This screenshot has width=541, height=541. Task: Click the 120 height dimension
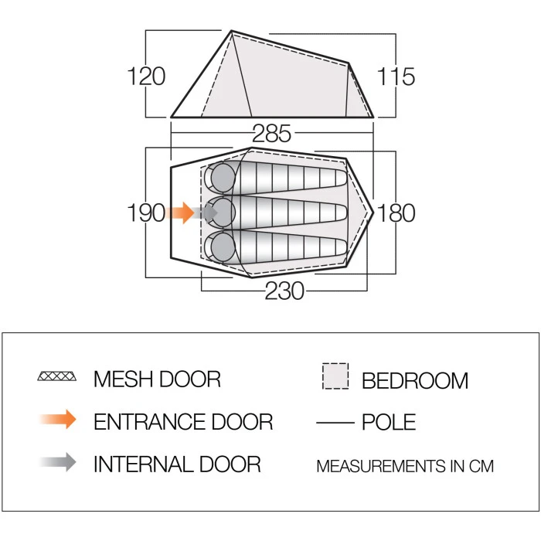147,77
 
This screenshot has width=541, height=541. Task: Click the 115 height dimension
396,77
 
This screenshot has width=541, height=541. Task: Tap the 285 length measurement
272,134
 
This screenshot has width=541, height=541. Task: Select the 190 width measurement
147,213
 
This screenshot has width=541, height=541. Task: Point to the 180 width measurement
396,213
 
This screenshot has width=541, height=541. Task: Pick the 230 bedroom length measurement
284,291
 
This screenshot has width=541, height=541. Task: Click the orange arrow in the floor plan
180,213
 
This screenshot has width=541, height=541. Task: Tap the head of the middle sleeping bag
223,210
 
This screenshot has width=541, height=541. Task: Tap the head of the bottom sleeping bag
223,247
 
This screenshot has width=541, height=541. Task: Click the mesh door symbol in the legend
58,377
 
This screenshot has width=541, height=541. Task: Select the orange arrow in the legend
59,420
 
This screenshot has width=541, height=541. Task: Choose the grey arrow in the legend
59,462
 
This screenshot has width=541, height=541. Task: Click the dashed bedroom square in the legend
335,376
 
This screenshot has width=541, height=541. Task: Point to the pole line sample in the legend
335,422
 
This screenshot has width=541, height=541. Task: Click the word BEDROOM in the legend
414,380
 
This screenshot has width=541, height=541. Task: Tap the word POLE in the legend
389,422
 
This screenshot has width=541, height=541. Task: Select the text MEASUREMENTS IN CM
404,466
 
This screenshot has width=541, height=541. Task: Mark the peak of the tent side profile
231,32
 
